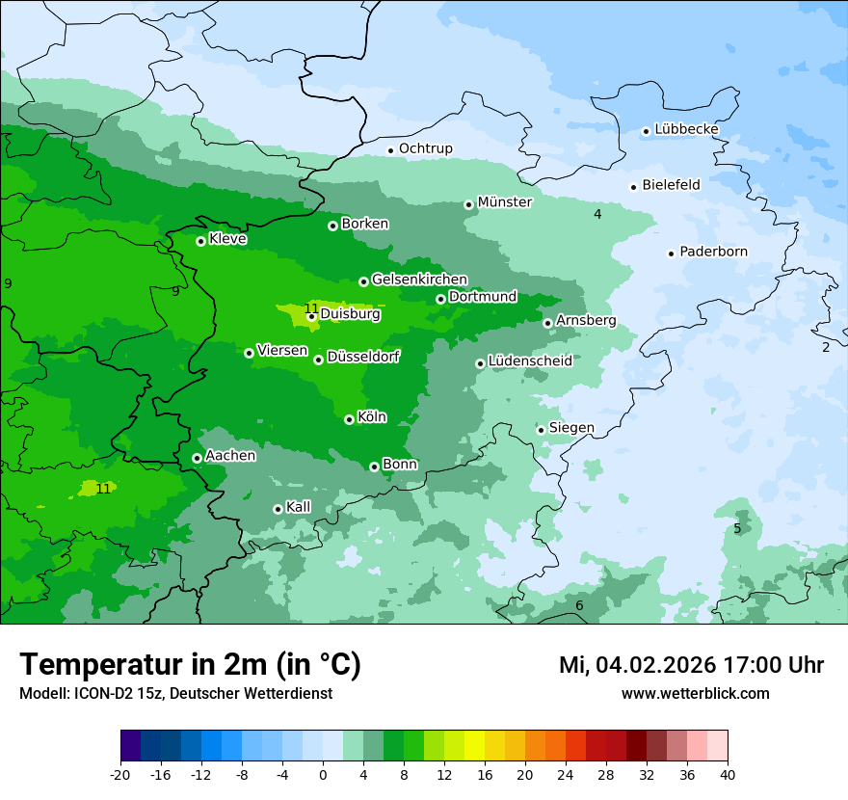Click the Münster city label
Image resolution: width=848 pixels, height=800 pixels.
504,202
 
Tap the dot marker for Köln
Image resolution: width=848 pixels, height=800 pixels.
349,419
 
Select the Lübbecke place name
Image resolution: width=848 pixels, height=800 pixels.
686,129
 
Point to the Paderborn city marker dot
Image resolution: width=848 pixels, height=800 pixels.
671,253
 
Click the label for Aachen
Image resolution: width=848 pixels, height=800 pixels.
230,456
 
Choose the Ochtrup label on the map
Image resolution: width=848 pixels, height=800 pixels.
425,148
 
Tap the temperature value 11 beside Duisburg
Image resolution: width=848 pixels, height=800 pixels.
311,307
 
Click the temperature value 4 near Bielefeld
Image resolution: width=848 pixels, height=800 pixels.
597,214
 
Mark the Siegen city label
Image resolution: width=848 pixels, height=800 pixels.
571,428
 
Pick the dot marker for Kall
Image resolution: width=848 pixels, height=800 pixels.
278,509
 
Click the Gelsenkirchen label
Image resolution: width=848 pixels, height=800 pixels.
419,280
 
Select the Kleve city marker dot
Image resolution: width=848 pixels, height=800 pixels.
200,241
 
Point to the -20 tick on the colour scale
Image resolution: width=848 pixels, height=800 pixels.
120,774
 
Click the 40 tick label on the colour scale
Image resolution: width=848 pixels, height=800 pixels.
728,774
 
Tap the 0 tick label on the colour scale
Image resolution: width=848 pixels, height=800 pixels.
323,774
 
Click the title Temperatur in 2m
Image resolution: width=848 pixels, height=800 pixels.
190,665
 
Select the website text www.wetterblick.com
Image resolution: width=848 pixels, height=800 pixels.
695,694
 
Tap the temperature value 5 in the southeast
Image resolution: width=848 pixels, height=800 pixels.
737,528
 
